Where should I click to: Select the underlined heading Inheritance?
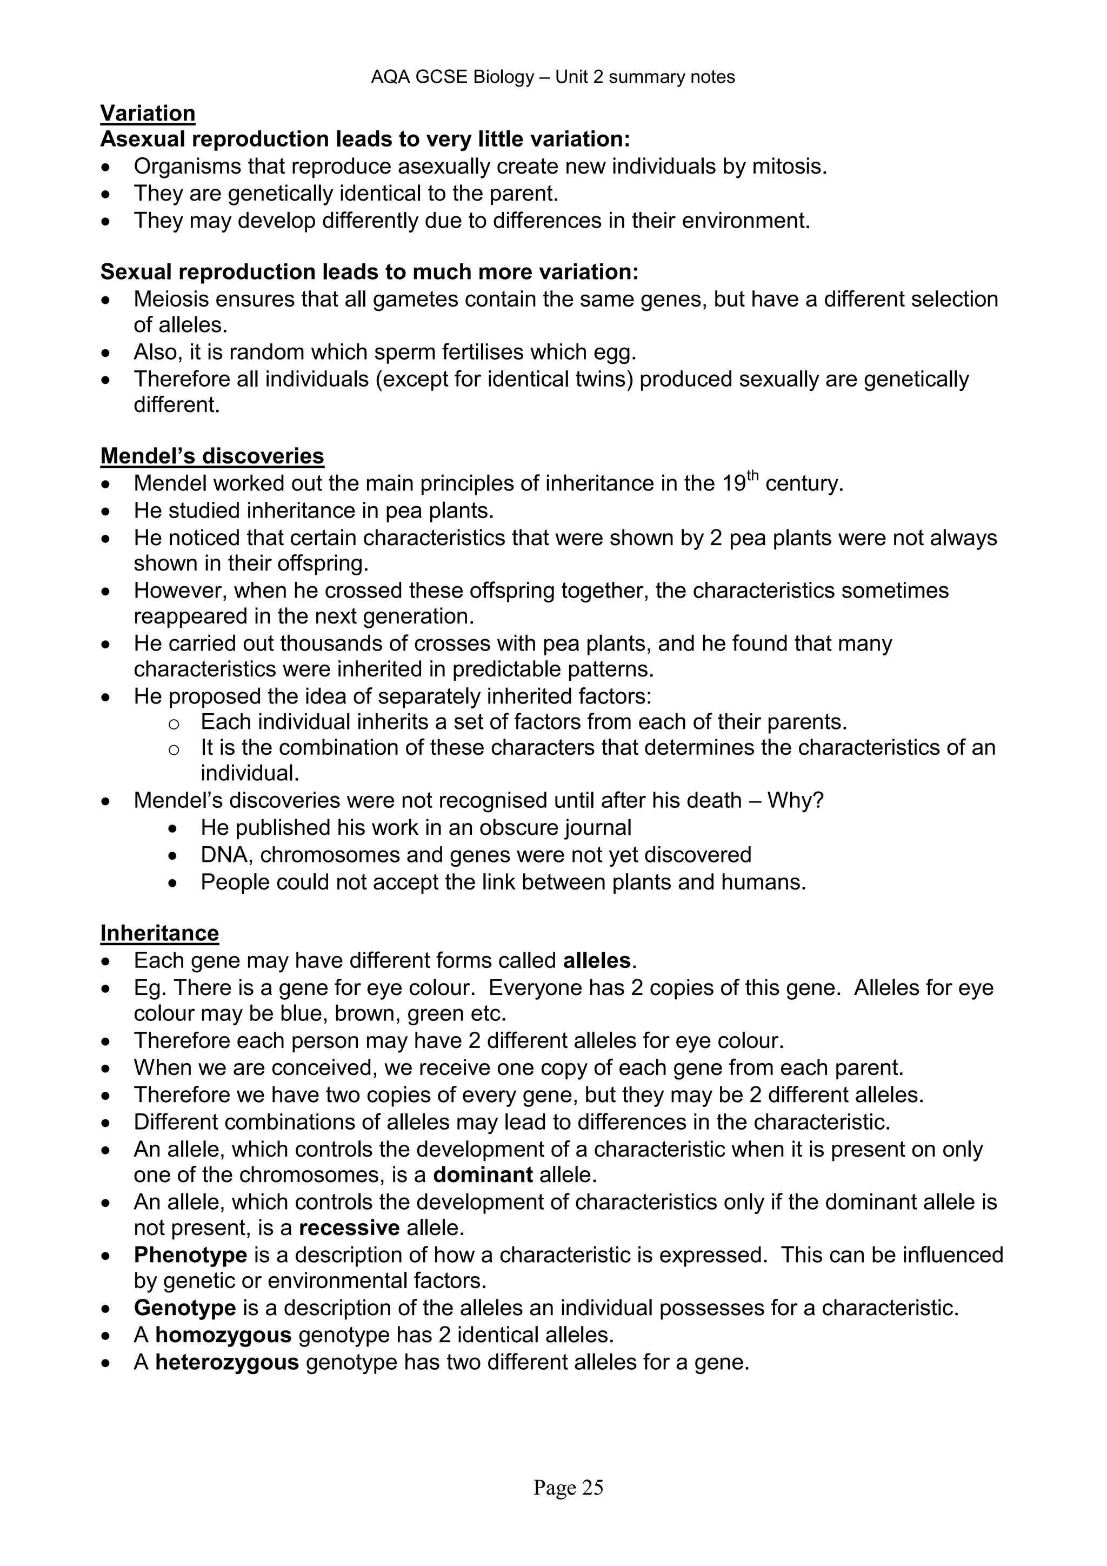tap(159, 932)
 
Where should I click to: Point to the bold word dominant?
tap(483, 1174)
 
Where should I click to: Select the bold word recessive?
tap(349, 1227)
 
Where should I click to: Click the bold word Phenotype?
tap(190, 1255)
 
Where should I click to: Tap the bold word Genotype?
tap(185, 1308)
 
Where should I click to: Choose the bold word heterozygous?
tap(227, 1362)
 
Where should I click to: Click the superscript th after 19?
tap(752, 476)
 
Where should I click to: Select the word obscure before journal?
tap(519, 827)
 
